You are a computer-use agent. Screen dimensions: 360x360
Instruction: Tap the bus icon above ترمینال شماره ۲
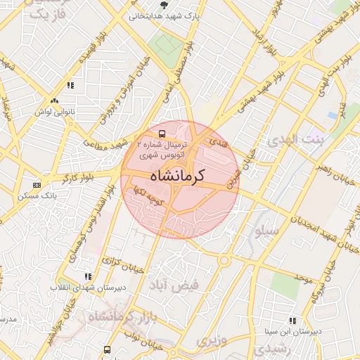162,133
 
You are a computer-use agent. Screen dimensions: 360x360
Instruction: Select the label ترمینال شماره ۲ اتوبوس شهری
162,148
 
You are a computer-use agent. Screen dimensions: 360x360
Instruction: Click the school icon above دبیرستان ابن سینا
292,321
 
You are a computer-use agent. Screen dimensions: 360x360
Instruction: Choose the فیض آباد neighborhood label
174,284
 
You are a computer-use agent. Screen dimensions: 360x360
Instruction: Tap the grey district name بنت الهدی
293,141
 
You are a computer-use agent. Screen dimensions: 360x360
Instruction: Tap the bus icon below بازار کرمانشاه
107,349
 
